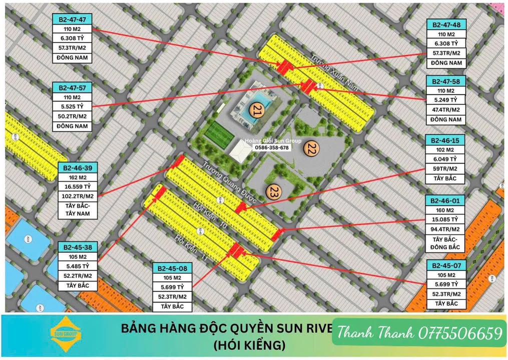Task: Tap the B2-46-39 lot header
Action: click(x=78, y=167)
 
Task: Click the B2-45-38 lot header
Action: click(x=78, y=247)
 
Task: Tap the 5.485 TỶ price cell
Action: click(x=78, y=266)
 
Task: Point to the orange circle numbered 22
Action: click(x=311, y=148)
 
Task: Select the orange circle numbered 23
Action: click(x=273, y=192)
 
